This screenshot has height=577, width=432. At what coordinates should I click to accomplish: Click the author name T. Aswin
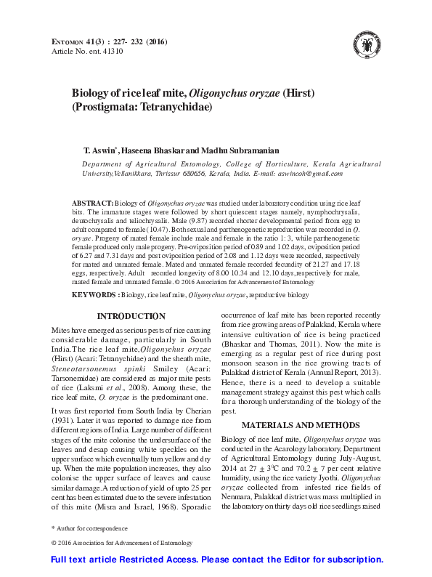(x=100, y=149)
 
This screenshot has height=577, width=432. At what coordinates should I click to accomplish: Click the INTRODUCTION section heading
(x=131, y=316)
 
